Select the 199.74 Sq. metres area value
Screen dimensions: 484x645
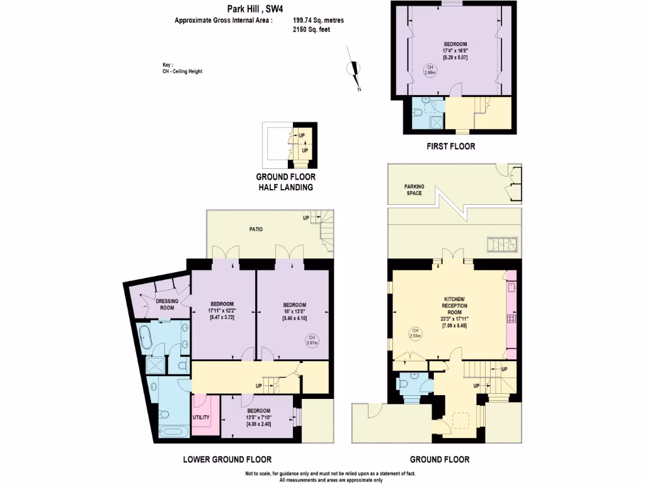click(x=318, y=20)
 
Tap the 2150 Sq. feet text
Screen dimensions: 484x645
click(x=311, y=29)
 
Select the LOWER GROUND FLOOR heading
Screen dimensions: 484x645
click(x=227, y=459)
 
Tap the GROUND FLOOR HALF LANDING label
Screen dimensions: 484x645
click(x=285, y=182)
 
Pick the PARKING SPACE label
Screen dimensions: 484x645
click(x=414, y=190)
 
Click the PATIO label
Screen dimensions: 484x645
click(x=254, y=229)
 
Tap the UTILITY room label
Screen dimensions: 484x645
click(x=201, y=417)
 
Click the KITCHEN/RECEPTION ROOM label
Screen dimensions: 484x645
click(x=454, y=305)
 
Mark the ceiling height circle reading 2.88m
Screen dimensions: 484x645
click(x=429, y=70)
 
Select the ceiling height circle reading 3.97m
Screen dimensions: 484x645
click(x=310, y=341)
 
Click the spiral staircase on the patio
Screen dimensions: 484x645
click(x=326, y=235)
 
